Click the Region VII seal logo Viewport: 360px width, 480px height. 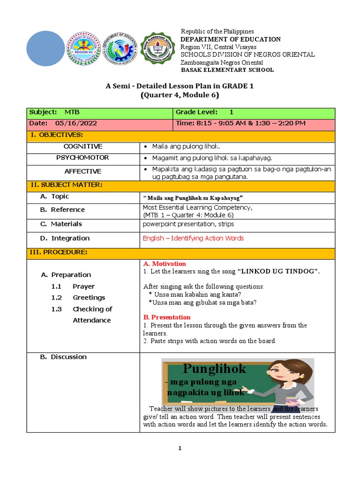pos(84,49)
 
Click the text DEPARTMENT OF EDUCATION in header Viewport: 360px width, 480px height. pos(231,39)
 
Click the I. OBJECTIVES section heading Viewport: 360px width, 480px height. pos(56,135)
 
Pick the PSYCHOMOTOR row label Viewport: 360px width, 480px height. pos(83,158)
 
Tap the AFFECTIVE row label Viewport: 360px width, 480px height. pos(83,172)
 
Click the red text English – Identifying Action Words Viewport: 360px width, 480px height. pos(193,238)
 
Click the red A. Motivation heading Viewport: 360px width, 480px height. pos(164,264)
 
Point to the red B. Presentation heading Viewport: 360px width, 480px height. pos(166,317)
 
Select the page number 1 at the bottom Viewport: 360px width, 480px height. pos(180,449)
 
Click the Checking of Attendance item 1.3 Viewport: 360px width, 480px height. pos(92,315)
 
